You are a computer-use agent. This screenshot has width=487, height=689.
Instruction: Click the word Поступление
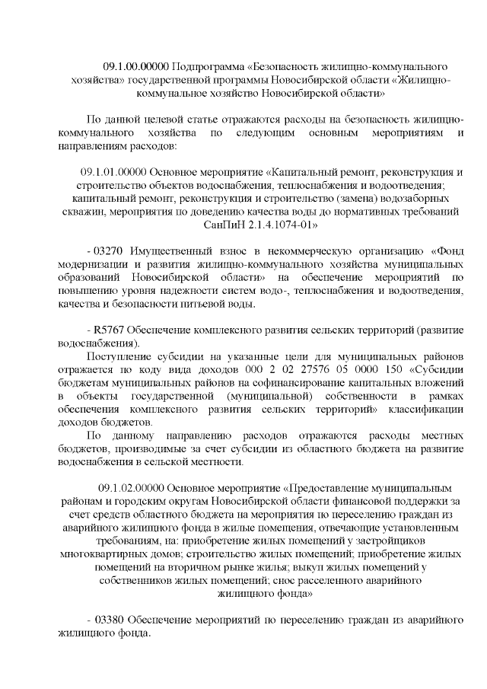pyautogui.click(x=120, y=358)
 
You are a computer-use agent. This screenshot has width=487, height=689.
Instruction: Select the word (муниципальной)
pyautogui.click(x=266, y=397)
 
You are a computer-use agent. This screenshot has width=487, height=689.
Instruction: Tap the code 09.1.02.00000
pyautogui.click(x=135, y=486)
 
